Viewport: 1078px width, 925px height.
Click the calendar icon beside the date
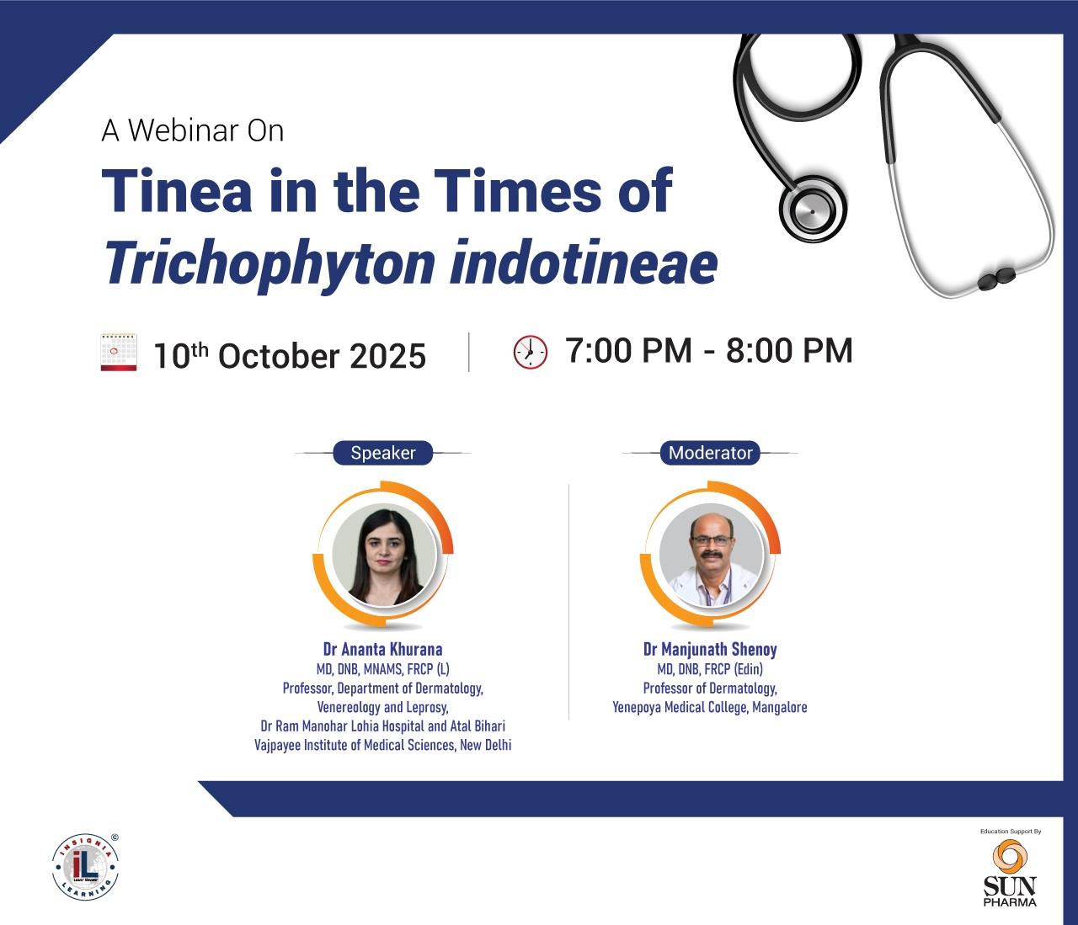tap(119, 353)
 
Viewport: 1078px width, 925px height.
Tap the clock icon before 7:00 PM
tap(531, 353)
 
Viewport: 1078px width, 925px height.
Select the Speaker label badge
tap(383, 452)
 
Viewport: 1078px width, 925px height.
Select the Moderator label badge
tap(710, 452)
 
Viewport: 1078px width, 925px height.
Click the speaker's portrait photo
tap(385, 556)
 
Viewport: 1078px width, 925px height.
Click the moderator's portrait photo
tap(712, 556)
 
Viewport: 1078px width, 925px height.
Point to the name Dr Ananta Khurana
tap(383, 649)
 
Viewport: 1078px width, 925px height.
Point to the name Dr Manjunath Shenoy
tap(710, 649)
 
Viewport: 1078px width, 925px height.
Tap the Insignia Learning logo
tap(86, 866)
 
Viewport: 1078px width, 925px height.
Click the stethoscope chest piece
tap(813, 210)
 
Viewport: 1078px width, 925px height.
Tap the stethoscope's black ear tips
tap(996, 279)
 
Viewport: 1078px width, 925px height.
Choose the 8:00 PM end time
tap(789, 350)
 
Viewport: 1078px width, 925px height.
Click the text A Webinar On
tap(193, 130)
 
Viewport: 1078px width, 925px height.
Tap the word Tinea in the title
tap(177, 190)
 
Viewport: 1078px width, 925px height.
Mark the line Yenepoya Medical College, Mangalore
tap(710, 707)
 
